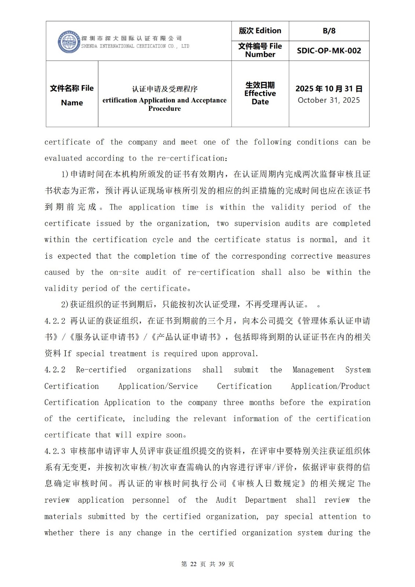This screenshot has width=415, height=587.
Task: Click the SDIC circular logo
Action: point(69,42)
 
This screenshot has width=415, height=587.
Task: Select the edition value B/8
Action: point(329,31)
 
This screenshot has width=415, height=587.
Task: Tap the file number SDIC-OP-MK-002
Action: point(329,51)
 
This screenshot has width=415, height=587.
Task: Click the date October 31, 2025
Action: point(329,100)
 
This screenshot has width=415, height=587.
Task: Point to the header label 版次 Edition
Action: point(260,31)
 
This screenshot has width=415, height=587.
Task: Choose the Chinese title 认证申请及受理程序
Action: point(165,89)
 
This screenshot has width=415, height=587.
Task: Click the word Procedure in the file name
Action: point(164,109)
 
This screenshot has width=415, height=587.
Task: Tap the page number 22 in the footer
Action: point(193,564)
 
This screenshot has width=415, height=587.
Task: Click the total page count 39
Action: point(221,564)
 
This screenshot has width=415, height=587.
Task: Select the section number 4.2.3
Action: point(55,451)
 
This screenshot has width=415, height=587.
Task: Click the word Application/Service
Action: point(158,386)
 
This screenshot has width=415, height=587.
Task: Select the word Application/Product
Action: point(330,386)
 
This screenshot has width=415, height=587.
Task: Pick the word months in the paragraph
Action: point(262,402)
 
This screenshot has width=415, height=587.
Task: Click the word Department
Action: point(266,500)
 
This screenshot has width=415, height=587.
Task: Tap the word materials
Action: point(63,517)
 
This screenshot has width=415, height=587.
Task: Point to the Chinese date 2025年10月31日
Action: point(329,89)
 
